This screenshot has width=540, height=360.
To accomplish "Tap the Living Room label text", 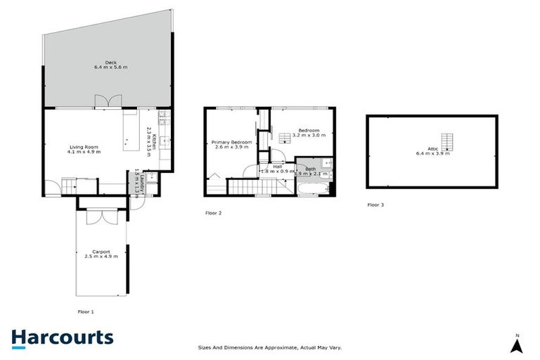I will (x=84, y=149).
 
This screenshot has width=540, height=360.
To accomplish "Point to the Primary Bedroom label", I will (x=231, y=145).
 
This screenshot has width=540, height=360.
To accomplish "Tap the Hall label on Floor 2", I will (x=267, y=167).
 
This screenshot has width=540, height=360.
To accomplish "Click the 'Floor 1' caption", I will (x=85, y=311).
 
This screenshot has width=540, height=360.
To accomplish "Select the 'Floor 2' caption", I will (x=214, y=212).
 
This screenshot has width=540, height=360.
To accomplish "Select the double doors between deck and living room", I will (x=103, y=102).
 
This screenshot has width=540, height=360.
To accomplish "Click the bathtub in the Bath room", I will (x=307, y=189).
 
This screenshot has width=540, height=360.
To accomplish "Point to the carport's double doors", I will (x=101, y=217).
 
